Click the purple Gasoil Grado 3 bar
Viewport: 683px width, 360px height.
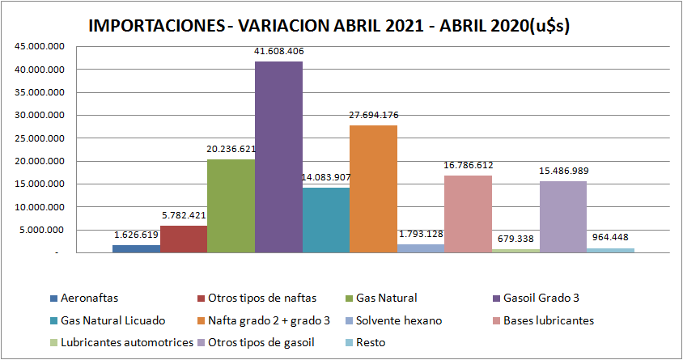coord(278,158)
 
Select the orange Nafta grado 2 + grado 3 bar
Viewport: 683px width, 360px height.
coord(373,189)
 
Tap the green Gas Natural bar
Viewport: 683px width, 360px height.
coord(231,206)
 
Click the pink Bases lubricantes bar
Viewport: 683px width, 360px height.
coord(468,214)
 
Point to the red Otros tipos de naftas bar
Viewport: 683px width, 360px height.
coord(184,239)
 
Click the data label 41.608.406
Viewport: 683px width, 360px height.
coord(278,51)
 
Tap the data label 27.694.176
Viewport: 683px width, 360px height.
coord(373,115)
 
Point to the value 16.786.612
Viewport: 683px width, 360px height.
coord(468,165)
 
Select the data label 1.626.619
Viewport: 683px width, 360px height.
coord(136,235)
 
